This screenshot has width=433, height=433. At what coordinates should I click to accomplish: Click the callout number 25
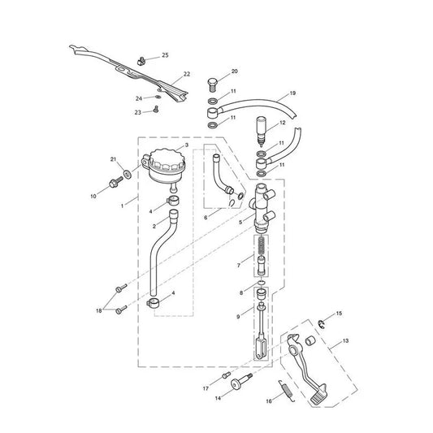[165, 55]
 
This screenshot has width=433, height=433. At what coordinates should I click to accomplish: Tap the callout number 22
[187, 74]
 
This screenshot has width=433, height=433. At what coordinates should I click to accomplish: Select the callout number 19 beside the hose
[292, 93]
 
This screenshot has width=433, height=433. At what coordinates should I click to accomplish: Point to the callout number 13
[345, 340]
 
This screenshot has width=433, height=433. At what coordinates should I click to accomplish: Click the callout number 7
[239, 266]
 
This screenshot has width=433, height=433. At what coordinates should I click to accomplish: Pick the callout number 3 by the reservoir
[187, 145]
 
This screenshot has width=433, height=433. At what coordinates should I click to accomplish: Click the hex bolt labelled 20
[212, 84]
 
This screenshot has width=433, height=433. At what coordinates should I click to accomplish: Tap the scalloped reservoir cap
[166, 158]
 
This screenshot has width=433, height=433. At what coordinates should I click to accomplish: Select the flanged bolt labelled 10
[116, 182]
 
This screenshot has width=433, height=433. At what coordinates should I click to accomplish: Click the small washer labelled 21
[128, 175]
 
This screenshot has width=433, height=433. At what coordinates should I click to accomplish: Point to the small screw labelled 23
[156, 110]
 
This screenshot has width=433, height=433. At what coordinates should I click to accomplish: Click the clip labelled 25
[141, 61]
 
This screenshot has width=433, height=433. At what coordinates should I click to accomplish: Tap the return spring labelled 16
[287, 390]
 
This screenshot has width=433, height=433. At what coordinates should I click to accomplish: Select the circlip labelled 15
[321, 324]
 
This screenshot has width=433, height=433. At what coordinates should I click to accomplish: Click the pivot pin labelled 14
[241, 380]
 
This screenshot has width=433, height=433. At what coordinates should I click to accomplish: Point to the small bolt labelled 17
[227, 375]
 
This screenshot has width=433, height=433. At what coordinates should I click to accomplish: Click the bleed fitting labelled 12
[262, 131]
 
